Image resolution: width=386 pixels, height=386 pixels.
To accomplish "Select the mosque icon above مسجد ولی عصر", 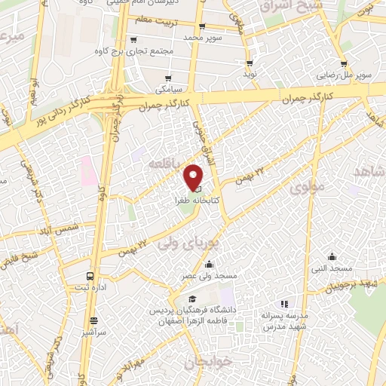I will tap(209, 265).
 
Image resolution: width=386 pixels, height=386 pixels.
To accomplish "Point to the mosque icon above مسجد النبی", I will tap(332, 257).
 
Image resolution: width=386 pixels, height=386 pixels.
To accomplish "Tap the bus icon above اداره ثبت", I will tap(90, 277).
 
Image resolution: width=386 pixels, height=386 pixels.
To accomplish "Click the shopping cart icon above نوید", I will tap(250, 64).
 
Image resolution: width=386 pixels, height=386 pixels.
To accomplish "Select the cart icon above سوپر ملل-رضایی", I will tap(344, 64).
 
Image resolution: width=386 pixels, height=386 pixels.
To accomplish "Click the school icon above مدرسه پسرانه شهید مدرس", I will tap(284, 304).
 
